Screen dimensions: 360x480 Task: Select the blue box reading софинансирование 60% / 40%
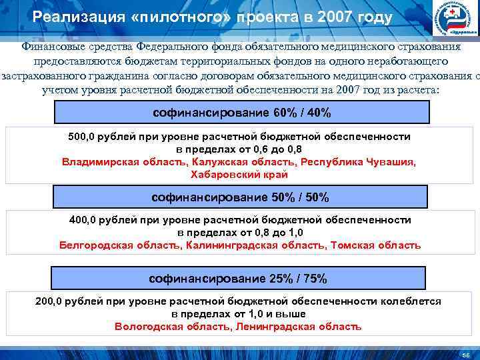click(240, 112)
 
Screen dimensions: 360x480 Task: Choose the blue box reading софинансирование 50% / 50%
click(240, 197)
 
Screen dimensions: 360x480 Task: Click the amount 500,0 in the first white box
click(82, 137)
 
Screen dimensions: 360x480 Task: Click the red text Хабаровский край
click(239, 175)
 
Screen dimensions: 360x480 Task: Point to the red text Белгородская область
click(119, 245)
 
